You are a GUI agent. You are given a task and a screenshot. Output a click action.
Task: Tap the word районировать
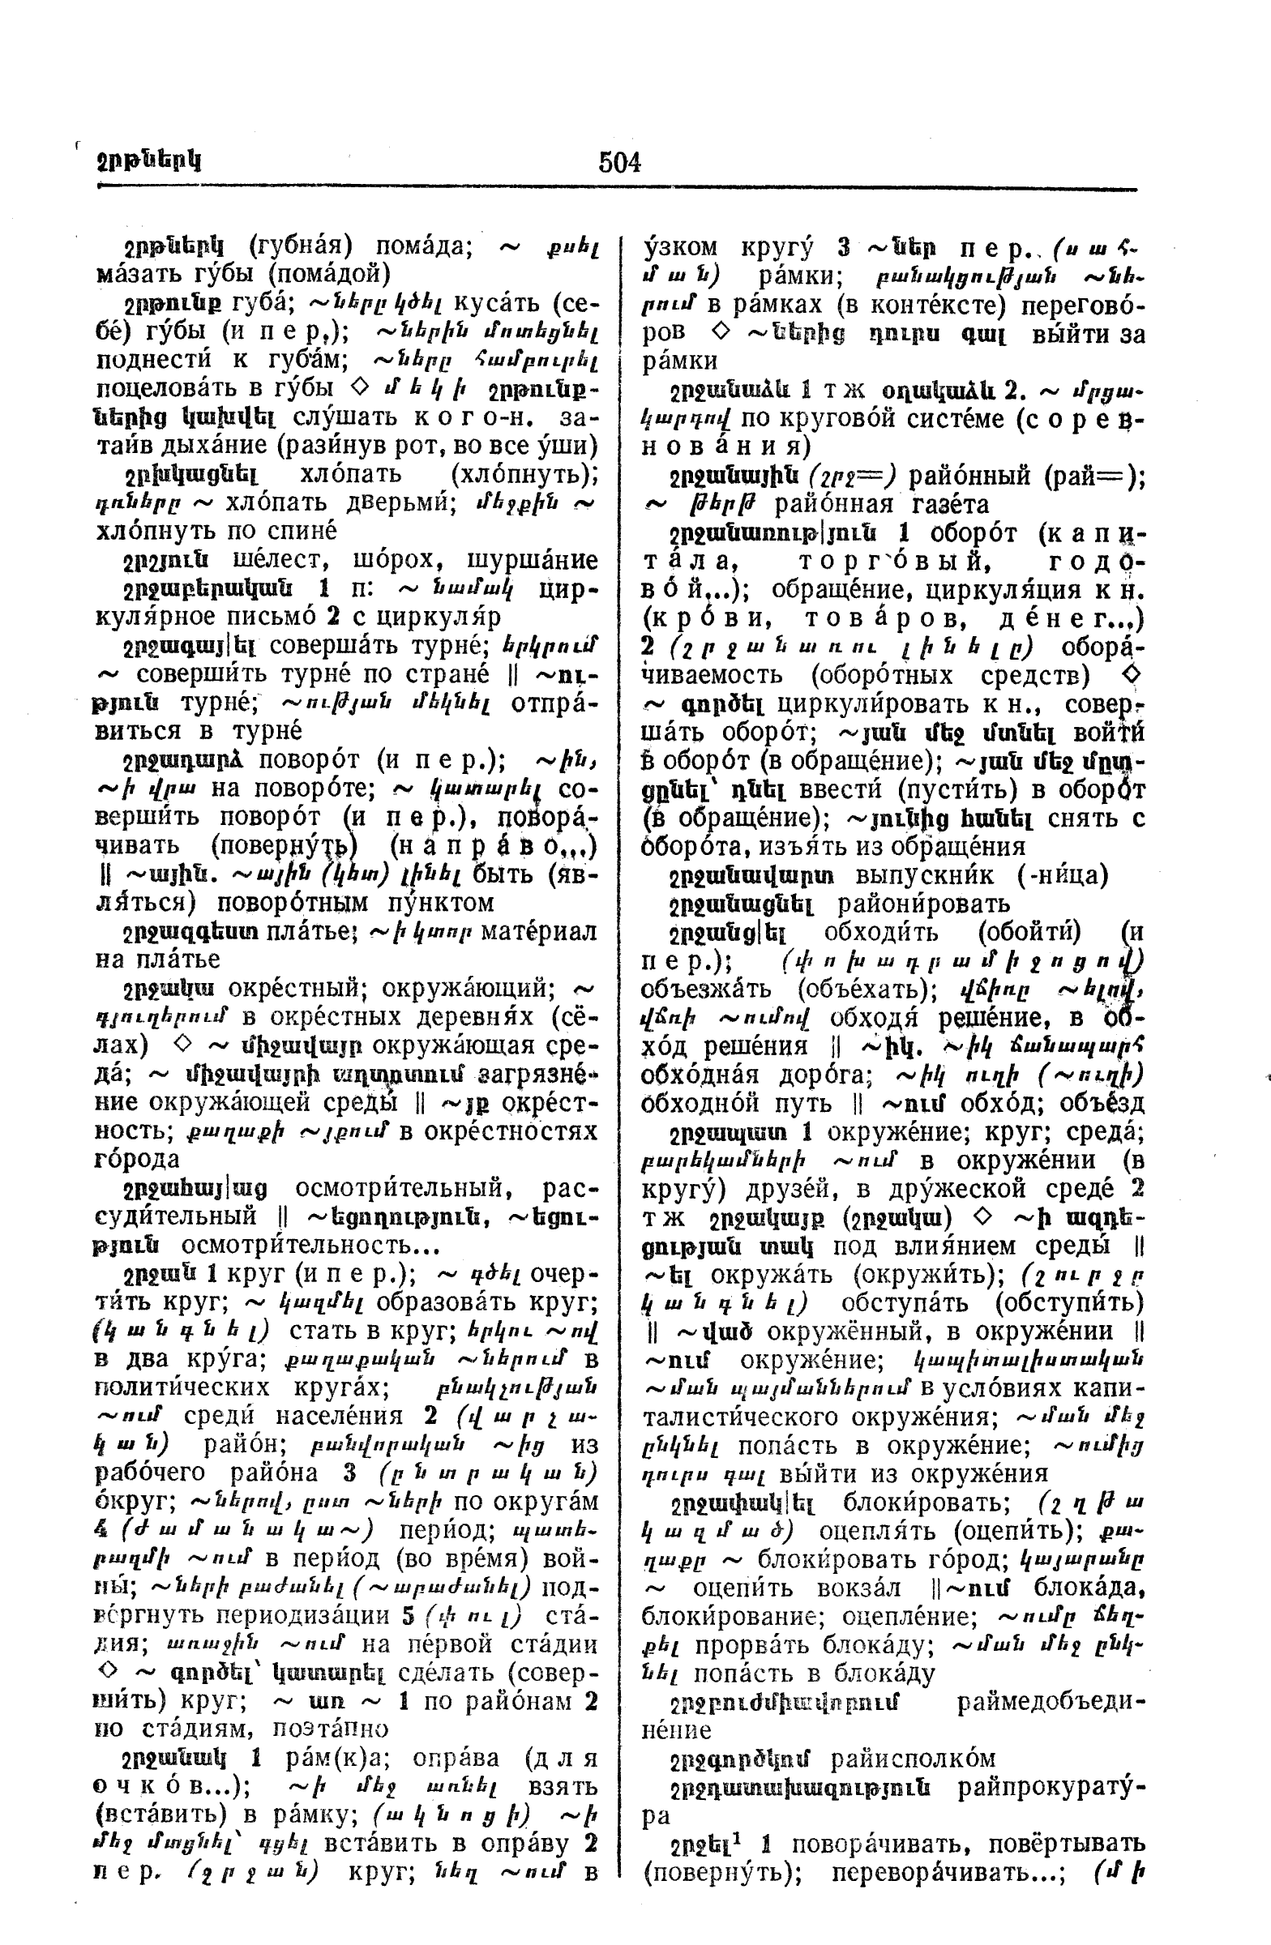pos(923,904)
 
